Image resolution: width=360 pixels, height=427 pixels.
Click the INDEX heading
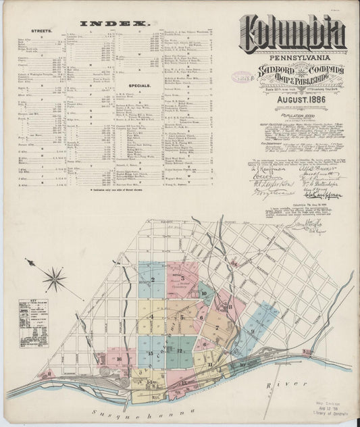coord(114,23)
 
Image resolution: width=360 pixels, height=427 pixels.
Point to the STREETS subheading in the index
coord(41,31)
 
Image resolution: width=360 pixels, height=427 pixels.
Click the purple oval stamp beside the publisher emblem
coord(241,77)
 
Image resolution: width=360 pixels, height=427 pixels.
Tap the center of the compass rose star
coord(55,278)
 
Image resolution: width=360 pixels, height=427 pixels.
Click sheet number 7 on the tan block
coord(216,328)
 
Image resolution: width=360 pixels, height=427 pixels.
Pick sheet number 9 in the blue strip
coord(252,331)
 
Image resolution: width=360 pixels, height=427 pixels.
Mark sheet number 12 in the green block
coord(179,351)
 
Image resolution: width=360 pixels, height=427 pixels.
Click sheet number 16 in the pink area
coord(119,359)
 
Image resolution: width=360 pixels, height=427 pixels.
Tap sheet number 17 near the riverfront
coord(183,382)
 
